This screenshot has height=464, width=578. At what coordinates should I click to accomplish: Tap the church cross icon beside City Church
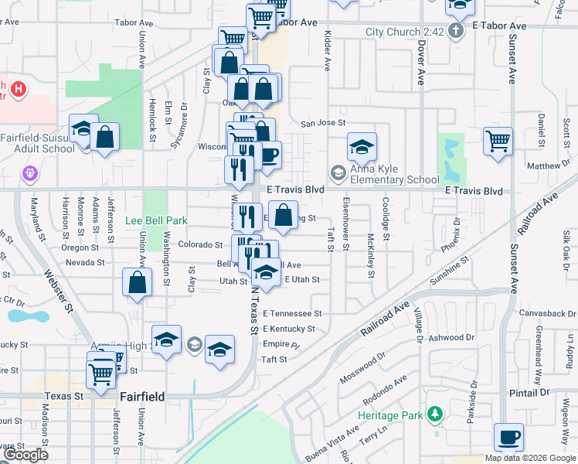(456, 32)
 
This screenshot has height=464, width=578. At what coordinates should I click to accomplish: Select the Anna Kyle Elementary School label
(393, 175)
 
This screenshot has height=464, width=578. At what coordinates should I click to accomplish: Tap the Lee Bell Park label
(157, 221)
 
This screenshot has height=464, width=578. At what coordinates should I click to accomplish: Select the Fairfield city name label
(142, 397)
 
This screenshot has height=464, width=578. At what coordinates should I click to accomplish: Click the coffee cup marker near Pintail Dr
(508, 438)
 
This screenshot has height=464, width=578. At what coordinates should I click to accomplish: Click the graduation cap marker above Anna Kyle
(361, 147)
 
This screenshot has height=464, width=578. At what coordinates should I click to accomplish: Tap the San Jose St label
(322, 123)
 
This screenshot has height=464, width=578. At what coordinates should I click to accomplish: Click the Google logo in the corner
(25, 455)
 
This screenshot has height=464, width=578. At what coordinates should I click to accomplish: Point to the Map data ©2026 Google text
(530, 457)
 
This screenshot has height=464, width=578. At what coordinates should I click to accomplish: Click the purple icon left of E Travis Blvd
(30, 172)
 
